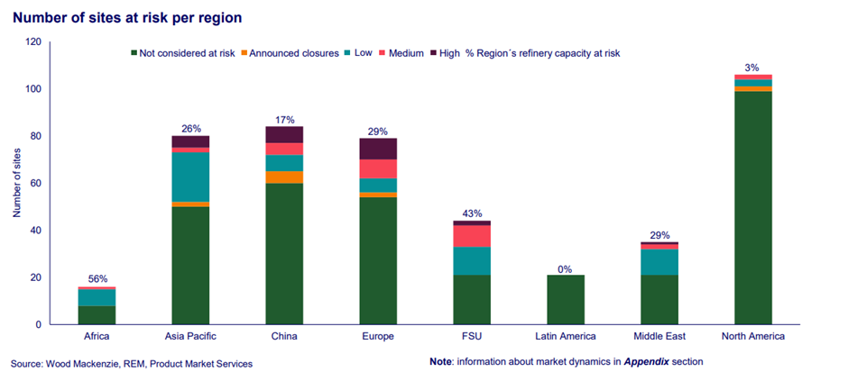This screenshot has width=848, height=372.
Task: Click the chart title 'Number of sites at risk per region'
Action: (x=126, y=17)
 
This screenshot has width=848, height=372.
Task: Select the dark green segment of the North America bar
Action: (x=753, y=207)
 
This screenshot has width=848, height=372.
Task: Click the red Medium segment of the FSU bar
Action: (x=472, y=235)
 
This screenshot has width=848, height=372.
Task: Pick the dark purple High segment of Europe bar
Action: (x=378, y=149)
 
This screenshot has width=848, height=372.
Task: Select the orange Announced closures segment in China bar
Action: (x=284, y=177)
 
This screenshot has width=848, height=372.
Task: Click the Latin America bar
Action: (x=566, y=299)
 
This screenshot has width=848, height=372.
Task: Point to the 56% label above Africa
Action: (x=97, y=279)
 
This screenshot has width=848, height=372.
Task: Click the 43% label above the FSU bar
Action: (x=472, y=213)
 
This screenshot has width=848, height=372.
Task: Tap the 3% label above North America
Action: (x=753, y=68)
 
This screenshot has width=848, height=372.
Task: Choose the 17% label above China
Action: (x=284, y=119)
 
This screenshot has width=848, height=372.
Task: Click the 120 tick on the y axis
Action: (x=33, y=42)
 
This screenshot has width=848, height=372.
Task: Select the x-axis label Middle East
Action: (x=659, y=337)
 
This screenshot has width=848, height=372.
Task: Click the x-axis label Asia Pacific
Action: (x=190, y=337)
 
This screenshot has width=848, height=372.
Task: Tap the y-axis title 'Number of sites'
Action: (x=16, y=183)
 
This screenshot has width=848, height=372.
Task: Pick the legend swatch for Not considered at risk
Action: (x=134, y=53)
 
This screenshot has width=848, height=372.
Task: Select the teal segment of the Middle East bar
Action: (x=659, y=262)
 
